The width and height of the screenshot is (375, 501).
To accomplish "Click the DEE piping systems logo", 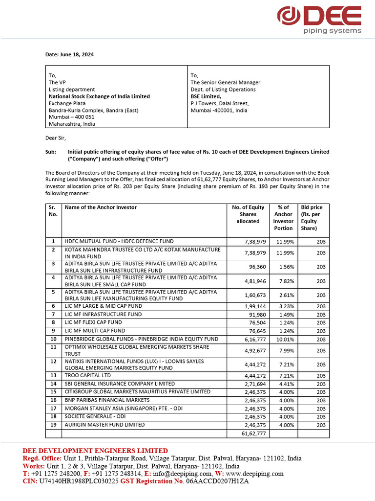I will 319,20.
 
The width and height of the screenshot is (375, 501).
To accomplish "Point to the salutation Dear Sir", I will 55,138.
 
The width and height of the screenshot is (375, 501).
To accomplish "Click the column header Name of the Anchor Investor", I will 101,207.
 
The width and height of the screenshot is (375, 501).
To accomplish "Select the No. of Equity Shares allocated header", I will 248,214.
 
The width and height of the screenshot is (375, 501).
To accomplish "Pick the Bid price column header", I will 312,218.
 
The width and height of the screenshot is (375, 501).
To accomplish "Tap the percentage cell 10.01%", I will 283,339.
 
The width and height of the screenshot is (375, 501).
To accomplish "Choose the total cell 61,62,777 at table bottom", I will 254,433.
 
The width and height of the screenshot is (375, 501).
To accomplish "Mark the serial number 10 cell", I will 53,339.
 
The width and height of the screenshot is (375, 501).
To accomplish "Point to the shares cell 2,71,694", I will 254,384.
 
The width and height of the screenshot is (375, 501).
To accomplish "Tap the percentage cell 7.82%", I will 283,281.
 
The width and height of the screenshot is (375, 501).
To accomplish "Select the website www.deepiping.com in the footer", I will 254,474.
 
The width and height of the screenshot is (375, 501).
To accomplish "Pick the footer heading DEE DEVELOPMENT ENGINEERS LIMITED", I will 95,451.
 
